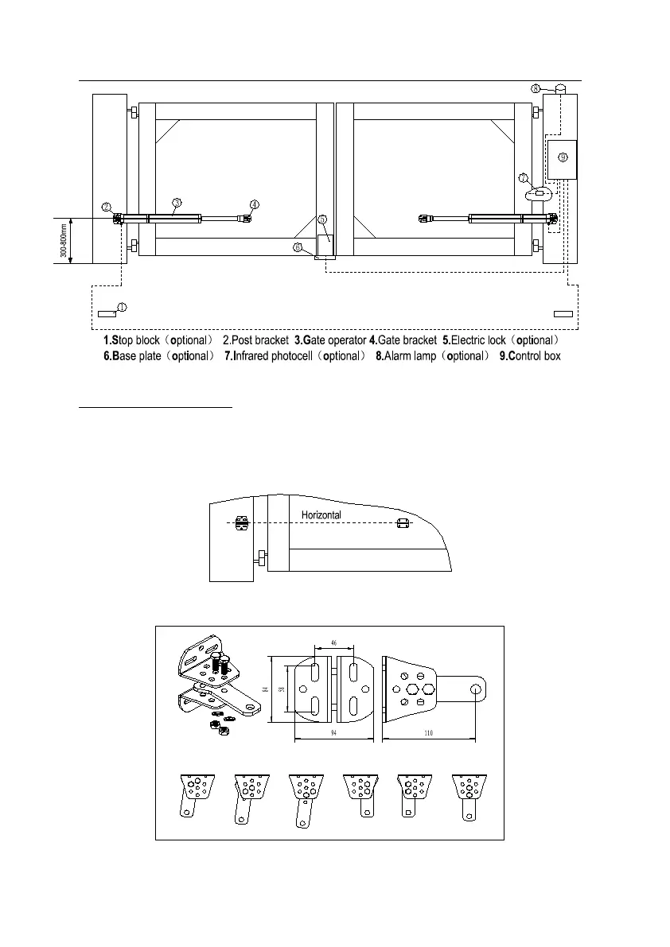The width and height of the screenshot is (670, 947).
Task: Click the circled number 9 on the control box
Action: [x=563, y=157]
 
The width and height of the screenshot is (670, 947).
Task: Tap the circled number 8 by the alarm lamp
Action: [x=536, y=88]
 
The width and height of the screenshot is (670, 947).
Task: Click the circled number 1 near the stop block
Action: [x=122, y=307]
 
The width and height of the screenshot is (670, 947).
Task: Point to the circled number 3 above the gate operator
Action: [x=177, y=202]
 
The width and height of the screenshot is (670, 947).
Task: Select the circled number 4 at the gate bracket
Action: [x=254, y=204]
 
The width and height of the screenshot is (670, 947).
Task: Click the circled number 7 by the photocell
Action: [x=523, y=178]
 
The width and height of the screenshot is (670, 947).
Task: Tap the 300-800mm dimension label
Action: [x=61, y=241]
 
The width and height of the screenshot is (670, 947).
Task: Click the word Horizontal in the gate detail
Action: [x=321, y=515]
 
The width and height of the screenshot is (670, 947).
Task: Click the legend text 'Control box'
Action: [x=535, y=356]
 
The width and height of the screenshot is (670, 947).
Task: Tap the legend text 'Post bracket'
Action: [x=255, y=340]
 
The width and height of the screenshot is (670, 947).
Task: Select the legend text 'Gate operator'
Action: [x=330, y=340]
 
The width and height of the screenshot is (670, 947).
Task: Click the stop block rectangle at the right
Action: [x=563, y=315]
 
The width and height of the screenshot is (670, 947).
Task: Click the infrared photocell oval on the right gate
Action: [x=539, y=193]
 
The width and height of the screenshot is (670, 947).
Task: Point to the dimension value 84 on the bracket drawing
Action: [x=263, y=689]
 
